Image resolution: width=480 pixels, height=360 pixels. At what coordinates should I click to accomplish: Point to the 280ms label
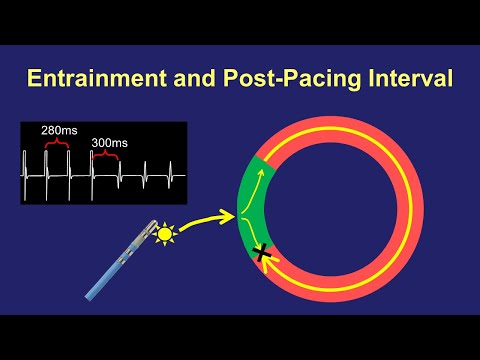point(57,130)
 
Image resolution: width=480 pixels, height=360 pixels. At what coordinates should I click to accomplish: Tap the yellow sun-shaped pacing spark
point(166,233)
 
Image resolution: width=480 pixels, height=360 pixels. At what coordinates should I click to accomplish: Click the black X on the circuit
point(263,254)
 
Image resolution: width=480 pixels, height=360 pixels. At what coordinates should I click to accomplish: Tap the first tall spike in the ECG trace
point(46,165)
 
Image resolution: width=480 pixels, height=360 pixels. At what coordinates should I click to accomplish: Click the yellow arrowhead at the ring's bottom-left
point(272,265)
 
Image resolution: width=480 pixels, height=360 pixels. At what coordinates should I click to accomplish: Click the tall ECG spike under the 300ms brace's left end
point(93,165)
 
